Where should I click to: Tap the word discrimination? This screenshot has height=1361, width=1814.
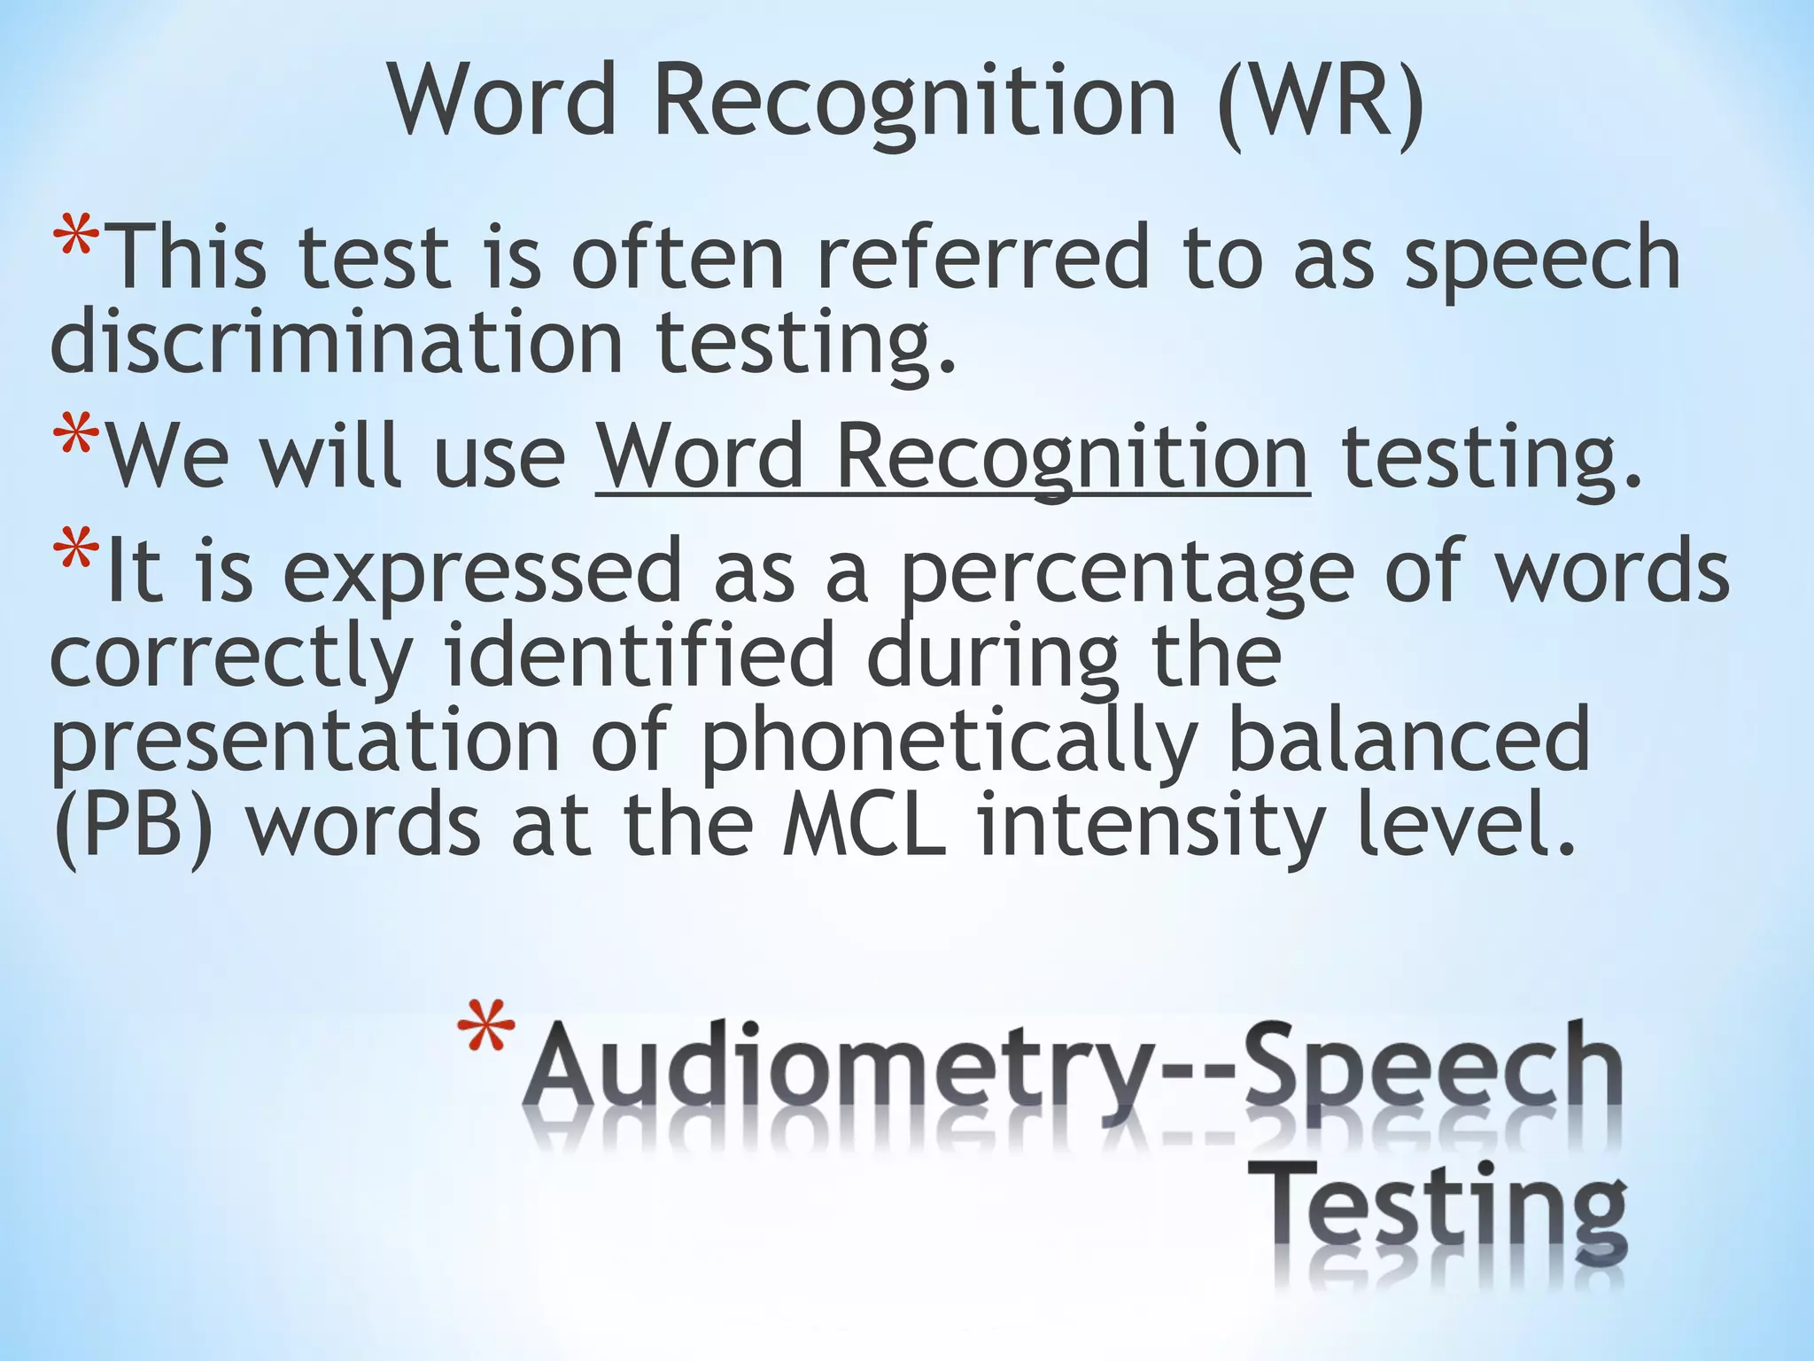pyautogui.click(x=337, y=343)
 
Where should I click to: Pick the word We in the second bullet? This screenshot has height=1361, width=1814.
pyautogui.click(x=167, y=456)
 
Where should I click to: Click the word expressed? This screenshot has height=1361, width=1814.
pyautogui.click(x=483, y=572)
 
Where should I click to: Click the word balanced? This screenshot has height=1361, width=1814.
pyautogui.click(x=1409, y=740)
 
